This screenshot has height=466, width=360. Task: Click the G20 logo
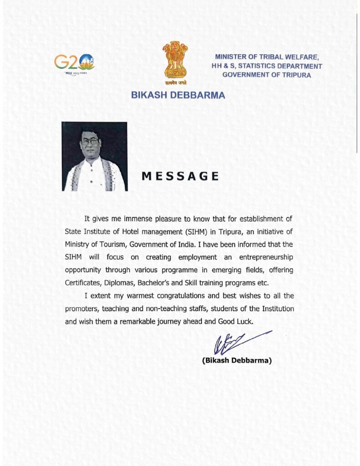click(x=74, y=62)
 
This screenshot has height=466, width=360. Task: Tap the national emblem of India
click(x=175, y=61)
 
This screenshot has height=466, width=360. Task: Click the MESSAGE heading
click(x=180, y=176)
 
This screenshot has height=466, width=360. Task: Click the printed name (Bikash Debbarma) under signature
click(x=237, y=360)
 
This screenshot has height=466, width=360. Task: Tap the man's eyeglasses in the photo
click(x=90, y=141)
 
